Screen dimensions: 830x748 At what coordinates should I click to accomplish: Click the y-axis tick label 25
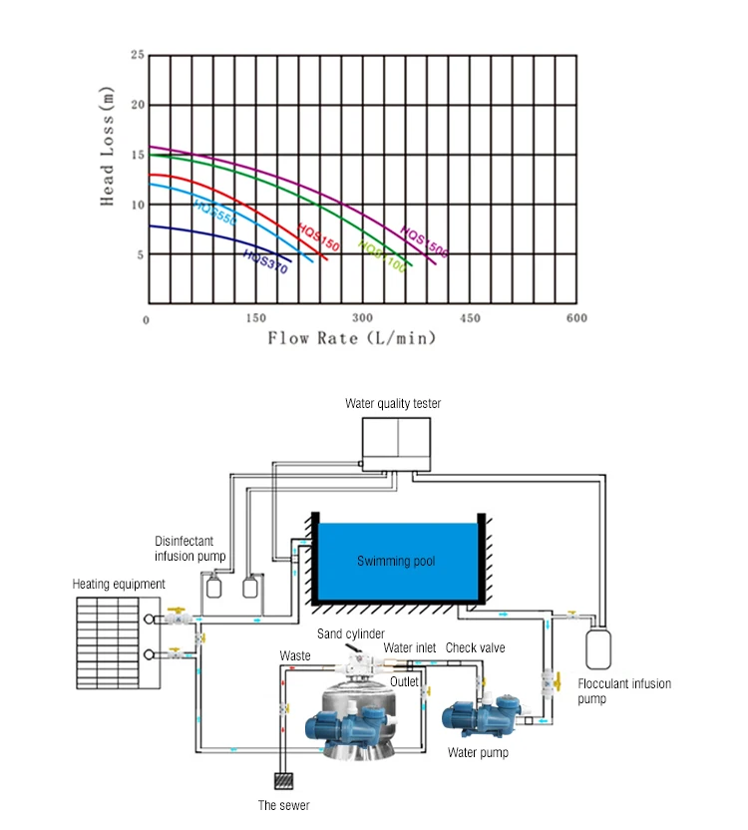[x=138, y=55]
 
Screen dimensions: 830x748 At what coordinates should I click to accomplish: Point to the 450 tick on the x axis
[x=470, y=318]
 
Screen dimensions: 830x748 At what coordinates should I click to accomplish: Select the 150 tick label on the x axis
[x=255, y=318]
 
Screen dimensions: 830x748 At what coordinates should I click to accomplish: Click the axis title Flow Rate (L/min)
[x=352, y=338]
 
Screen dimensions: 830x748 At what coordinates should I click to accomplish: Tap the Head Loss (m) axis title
[x=108, y=147]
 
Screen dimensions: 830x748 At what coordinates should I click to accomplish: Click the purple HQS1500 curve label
[x=424, y=241]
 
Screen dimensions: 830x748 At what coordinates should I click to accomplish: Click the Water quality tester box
[x=397, y=444]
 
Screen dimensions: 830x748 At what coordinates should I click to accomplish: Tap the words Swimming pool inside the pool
[x=396, y=561]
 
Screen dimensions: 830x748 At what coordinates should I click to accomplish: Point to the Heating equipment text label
[x=119, y=584]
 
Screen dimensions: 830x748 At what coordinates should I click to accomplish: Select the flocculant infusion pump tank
[x=598, y=646]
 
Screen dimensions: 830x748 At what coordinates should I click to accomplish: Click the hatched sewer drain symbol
[x=285, y=781]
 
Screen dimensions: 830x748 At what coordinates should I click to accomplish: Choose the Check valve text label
[x=475, y=647]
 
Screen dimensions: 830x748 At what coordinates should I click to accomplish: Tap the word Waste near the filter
[x=294, y=655]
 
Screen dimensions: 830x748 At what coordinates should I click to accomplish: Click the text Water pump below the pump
[x=478, y=752]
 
